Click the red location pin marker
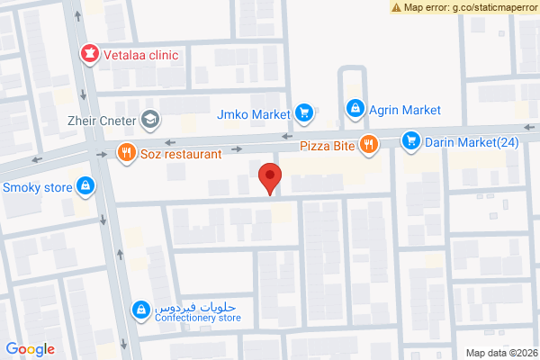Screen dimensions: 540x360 268,178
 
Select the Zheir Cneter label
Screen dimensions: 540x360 100,119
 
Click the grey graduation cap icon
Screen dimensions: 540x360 149,119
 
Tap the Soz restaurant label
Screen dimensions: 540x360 180,154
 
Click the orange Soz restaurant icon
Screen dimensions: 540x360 125,153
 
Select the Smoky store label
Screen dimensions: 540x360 39,188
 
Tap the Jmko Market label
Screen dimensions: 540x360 254,113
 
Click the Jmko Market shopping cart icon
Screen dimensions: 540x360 304,113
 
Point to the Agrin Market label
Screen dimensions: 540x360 406,110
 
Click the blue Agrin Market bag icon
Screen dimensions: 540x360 355,110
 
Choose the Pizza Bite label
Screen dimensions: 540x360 328,144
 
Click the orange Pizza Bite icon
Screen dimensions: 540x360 367,144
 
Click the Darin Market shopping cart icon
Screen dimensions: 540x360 411,140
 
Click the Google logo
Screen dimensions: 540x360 31,349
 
